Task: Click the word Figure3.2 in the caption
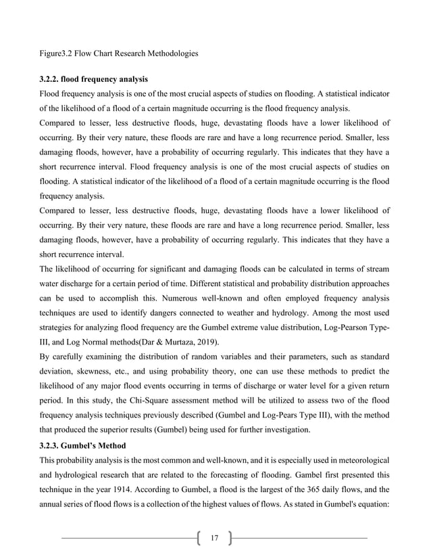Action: (x=57, y=52)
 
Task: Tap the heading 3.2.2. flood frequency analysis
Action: (x=93, y=79)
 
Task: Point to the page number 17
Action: (x=214, y=538)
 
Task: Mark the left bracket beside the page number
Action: (x=197, y=538)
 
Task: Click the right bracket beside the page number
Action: (x=230, y=538)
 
